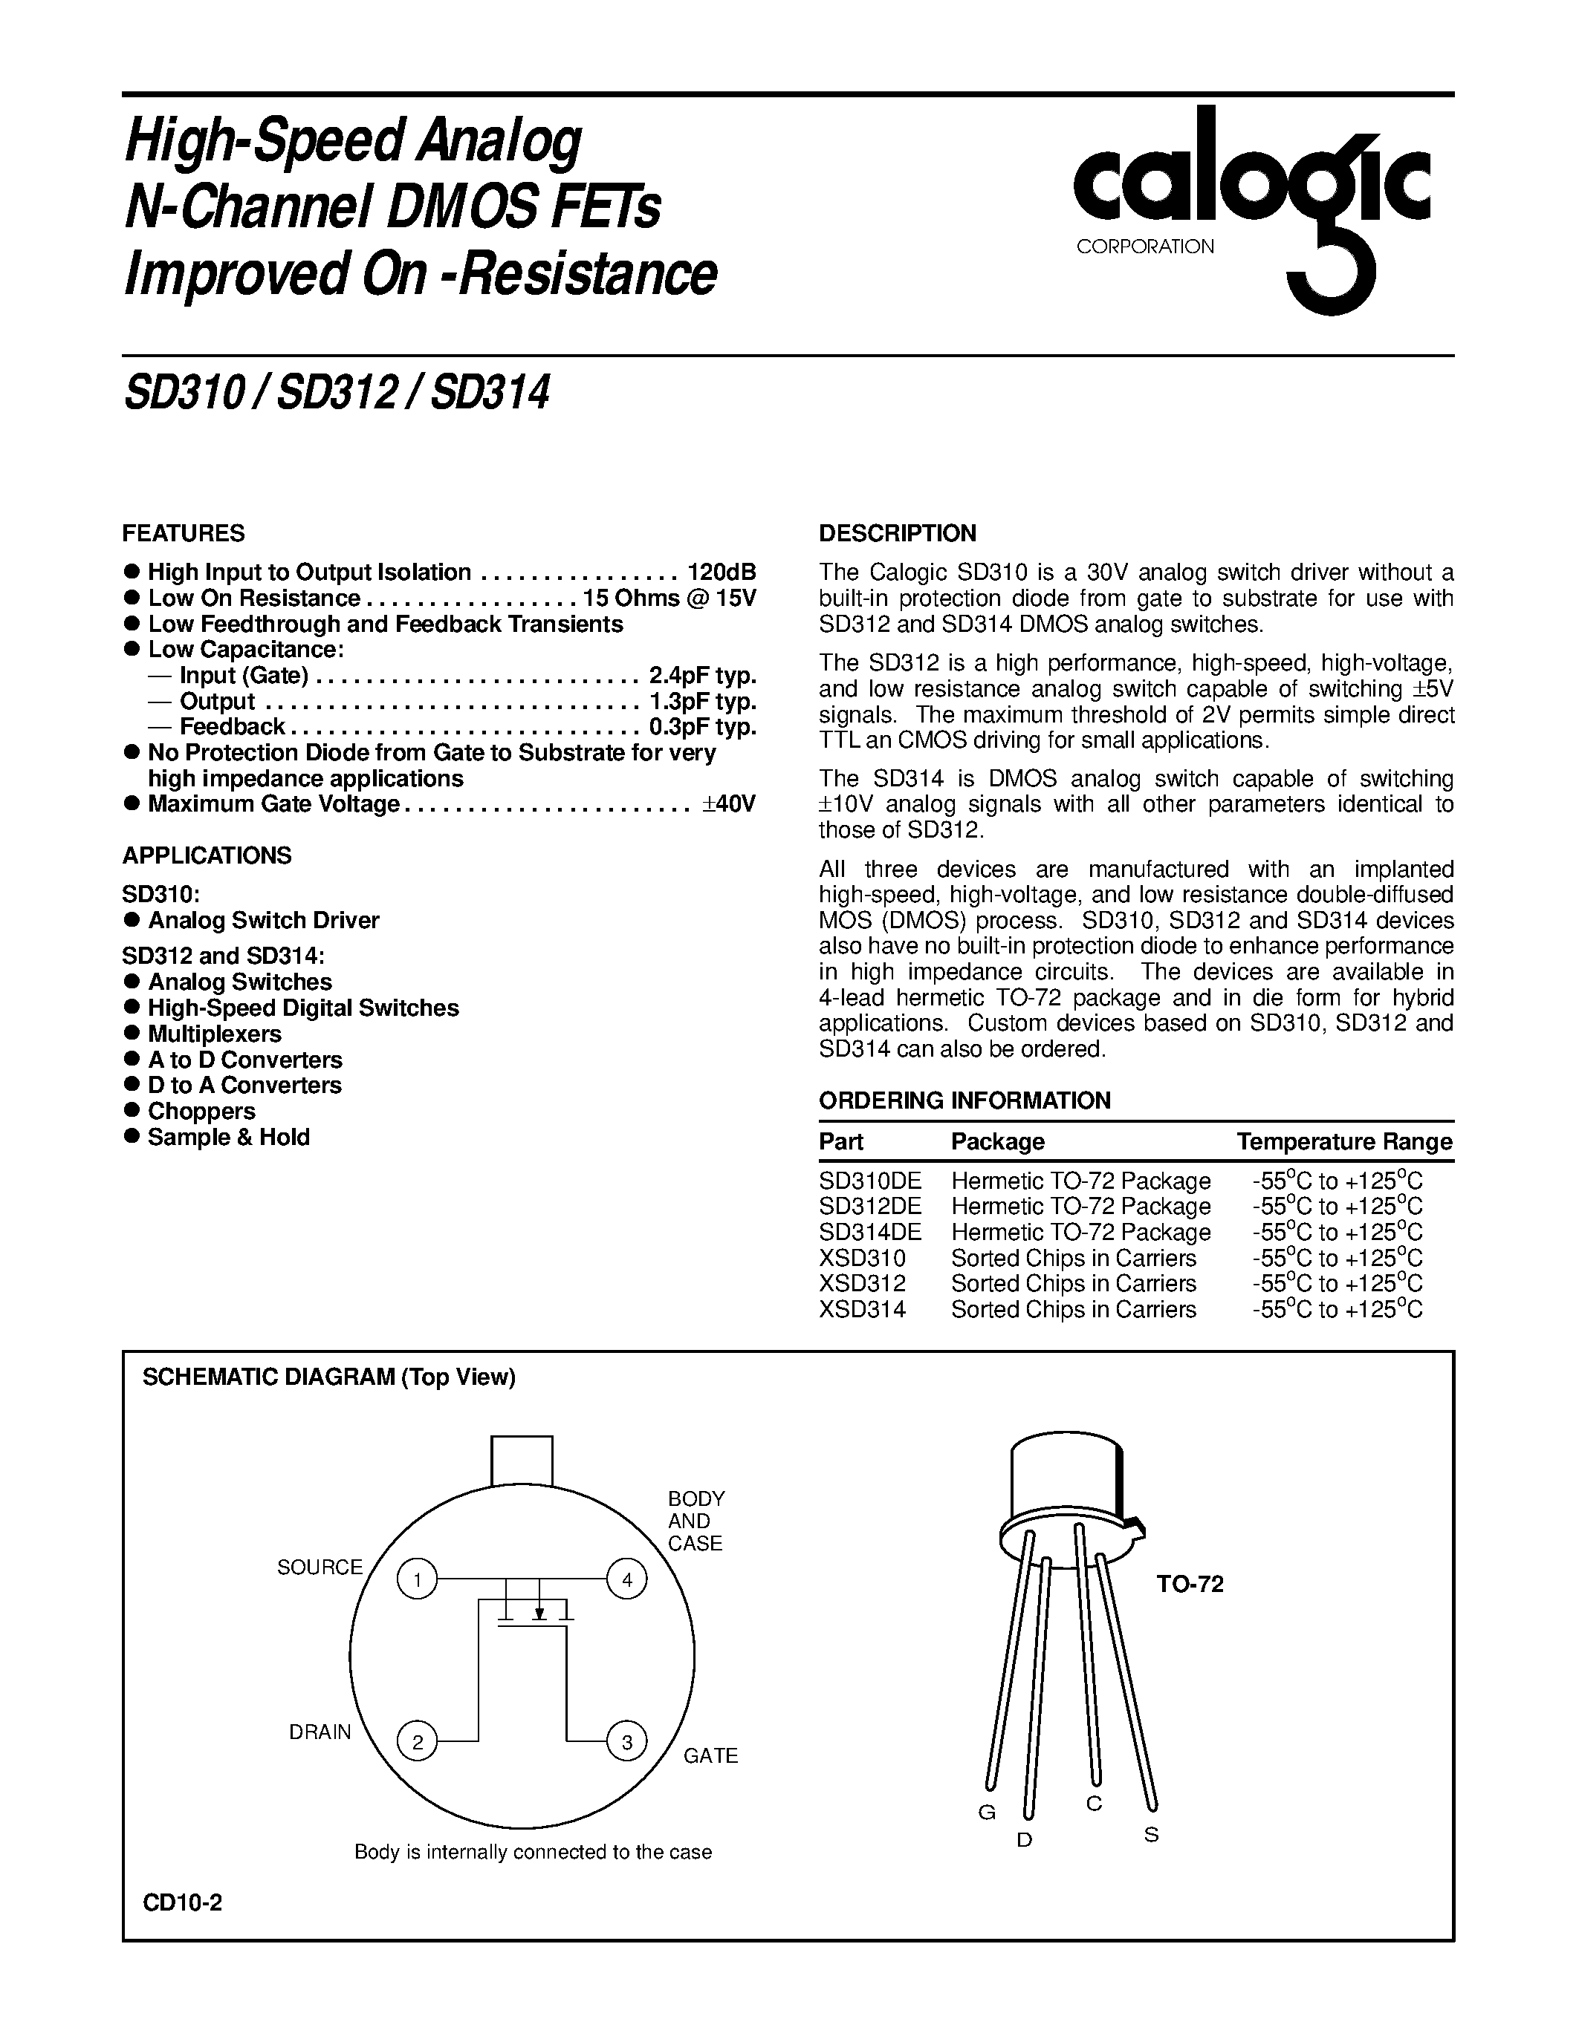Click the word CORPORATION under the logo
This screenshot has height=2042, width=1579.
pos(1145,247)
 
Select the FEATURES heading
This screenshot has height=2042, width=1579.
pos(184,533)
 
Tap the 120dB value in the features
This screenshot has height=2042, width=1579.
pos(722,573)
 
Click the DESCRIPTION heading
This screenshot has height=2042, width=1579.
pos(897,533)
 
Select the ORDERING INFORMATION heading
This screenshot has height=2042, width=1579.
pos(964,1100)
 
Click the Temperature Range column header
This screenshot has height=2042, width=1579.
pos(1344,1141)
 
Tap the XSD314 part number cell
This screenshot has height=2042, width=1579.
pos(863,1309)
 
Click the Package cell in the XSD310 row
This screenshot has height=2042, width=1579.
pos(1073,1258)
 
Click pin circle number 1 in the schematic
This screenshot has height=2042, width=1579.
pos(417,1580)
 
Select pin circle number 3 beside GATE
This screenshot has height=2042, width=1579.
pos(626,1742)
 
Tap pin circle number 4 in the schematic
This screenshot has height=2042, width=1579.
pos(626,1580)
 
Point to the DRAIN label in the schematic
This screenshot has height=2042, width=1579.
pos(320,1732)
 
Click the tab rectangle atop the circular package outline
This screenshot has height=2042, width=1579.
pos(522,1461)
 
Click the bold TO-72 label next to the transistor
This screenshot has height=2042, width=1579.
pos(1190,1584)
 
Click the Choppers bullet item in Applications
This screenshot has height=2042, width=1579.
pos(201,1111)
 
